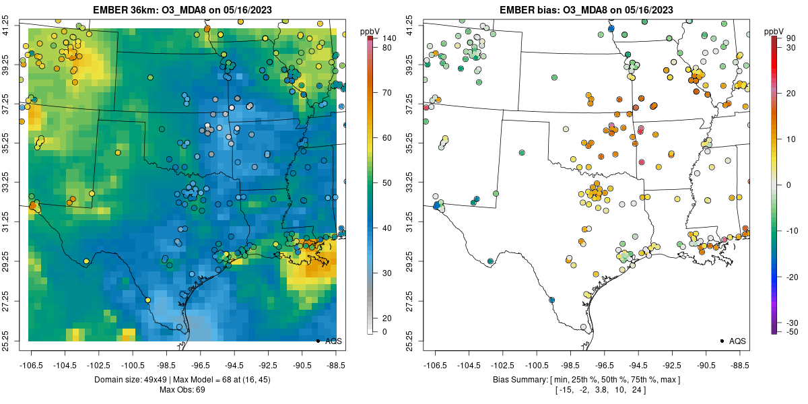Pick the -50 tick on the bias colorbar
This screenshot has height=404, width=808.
(x=791, y=331)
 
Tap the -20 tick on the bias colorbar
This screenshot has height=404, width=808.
(x=791, y=277)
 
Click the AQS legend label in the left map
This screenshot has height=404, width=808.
(x=333, y=341)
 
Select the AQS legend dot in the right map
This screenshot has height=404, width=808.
(x=721, y=341)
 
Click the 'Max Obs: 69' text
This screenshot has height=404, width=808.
(x=182, y=390)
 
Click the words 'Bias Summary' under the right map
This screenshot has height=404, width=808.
(x=517, y=380)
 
